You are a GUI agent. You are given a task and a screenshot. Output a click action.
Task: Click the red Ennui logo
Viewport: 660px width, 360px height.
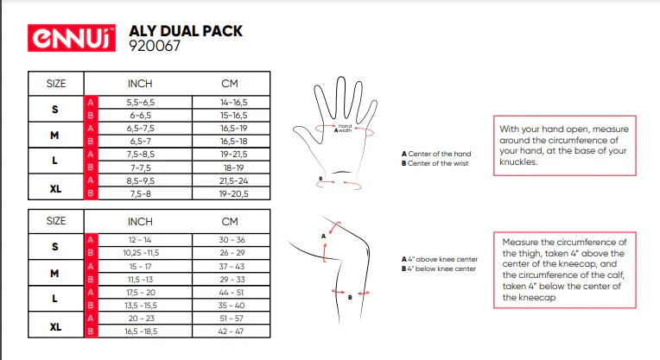click(x=72, y=38)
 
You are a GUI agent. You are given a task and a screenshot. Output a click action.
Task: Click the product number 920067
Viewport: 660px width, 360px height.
click(x=155, y=46)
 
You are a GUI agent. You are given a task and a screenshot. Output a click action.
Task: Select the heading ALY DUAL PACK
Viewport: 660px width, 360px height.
click(x=186, y=31)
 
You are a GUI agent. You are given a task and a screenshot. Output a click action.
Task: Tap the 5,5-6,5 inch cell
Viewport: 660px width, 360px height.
click(x=141, y=102)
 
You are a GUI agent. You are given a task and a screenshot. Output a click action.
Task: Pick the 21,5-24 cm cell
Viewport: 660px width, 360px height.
click(x=233, y=180)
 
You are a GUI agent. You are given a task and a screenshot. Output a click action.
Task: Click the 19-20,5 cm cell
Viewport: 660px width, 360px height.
click(x=233, y=194)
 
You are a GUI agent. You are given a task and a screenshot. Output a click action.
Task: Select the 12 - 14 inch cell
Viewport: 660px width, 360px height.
click(x=140, y=240)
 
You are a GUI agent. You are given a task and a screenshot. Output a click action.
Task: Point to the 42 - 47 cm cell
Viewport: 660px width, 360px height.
click(x=231, y=332)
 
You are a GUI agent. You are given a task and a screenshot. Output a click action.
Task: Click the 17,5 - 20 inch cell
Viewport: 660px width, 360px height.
click(x=141, y=293)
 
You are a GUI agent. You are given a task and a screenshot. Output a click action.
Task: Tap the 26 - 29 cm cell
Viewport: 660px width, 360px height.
click(x=232, y=253)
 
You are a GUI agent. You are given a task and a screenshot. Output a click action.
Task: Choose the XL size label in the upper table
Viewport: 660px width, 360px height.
click(x=55, y=189)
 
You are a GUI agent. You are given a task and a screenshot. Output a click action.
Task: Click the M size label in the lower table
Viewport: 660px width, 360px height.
click(x=54, y=274)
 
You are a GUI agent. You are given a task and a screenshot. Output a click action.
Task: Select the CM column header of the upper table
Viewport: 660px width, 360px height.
click(x=230, y=84)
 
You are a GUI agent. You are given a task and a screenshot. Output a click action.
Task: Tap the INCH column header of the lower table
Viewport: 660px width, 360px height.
click(x=140, y=222)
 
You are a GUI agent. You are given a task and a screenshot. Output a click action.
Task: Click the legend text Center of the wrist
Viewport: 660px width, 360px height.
click(x=438, y=163)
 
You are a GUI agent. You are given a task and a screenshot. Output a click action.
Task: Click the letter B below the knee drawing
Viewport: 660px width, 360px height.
click(x=350, y=297)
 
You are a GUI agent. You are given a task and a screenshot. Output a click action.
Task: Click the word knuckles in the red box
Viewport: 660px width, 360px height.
click(x=518, y=162)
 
